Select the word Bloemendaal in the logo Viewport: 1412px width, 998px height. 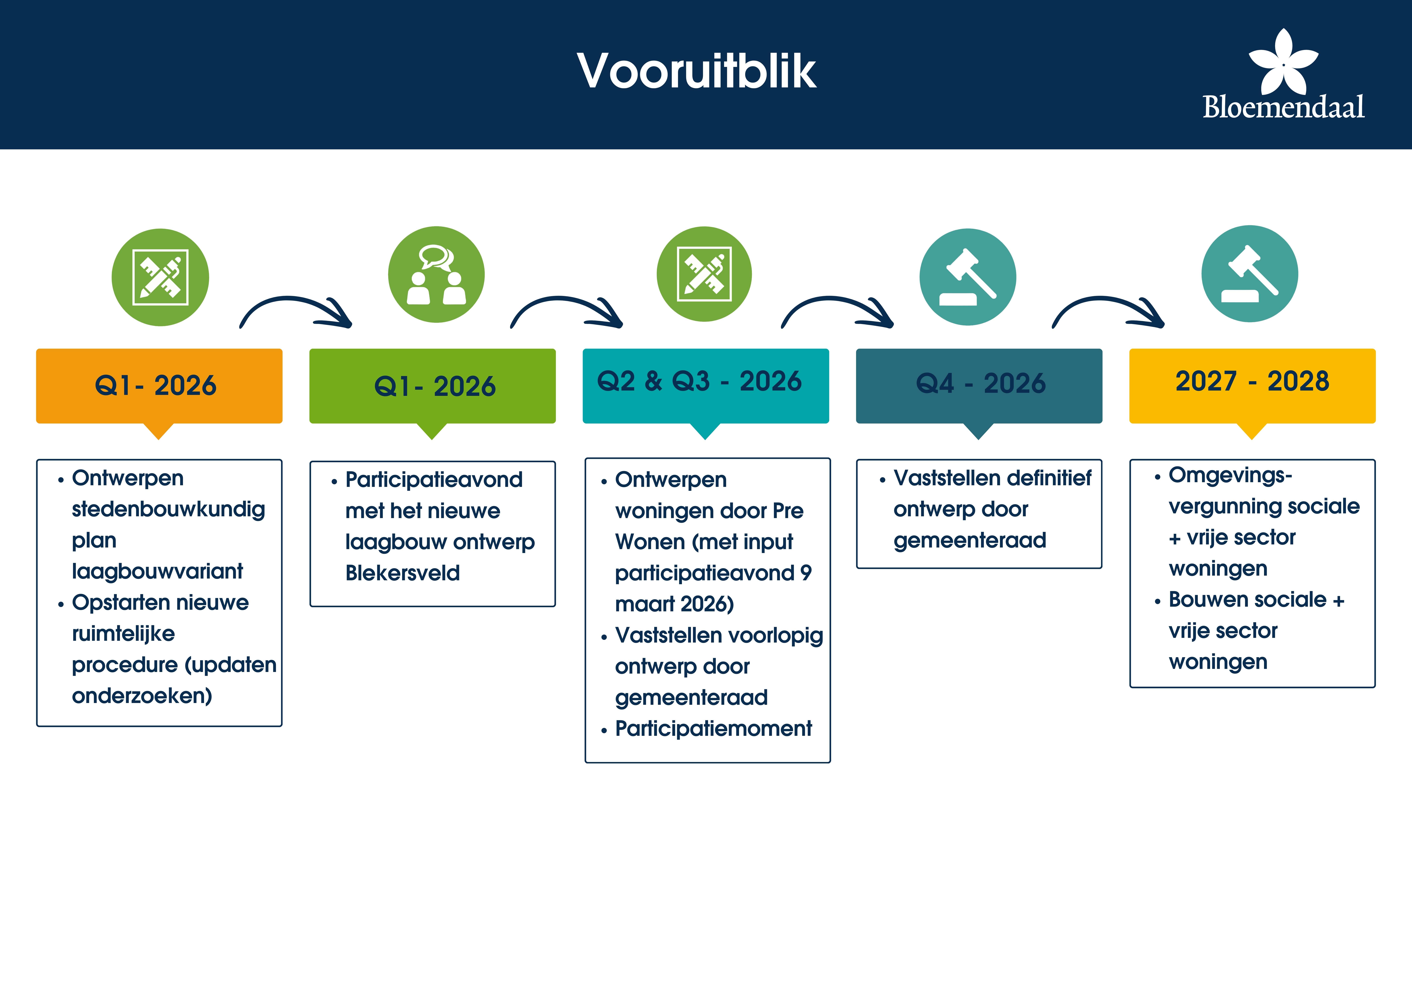click(x=1283, y=107)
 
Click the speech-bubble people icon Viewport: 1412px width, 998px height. click(x=436, y=274)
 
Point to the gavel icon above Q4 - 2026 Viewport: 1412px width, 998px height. click(x=967, y=277)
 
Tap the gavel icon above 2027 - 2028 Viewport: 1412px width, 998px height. click(x=1250, y=274)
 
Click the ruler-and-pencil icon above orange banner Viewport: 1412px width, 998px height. click(x=160, y=277)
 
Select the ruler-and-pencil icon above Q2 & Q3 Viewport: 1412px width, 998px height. click(x=704, y=274)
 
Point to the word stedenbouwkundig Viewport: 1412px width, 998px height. click(x=168, y=510)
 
